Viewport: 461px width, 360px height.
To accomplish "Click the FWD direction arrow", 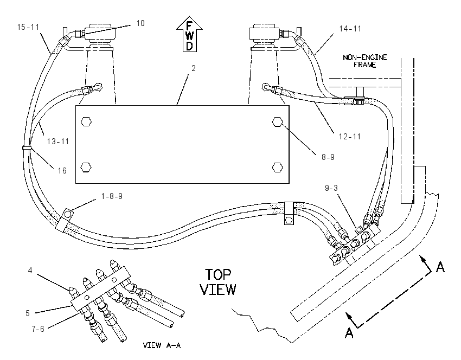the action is click(190, 34).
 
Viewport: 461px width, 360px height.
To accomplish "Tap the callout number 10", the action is click(140, 23).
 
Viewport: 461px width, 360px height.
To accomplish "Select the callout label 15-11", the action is click(28, 27).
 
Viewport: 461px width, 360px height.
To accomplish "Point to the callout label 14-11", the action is click(350, 29).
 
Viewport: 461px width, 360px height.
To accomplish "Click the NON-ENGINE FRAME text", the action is click(365, 61).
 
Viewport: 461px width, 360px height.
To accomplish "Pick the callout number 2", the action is click(194, 68).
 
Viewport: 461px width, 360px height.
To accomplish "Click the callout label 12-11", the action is click(350, 137).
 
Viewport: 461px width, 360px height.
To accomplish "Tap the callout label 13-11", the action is click(58, 142).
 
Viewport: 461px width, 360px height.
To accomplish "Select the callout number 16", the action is click(62, 170).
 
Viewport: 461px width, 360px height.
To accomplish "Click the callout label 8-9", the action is click(328, 157).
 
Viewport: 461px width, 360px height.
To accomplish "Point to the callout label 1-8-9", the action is click(112, 196).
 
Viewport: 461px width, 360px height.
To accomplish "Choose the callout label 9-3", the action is click(331, 188).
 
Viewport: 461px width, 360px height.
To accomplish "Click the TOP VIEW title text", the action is click(218, 282).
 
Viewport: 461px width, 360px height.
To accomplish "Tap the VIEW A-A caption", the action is click(162, 345).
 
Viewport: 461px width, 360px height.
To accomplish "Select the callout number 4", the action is click(30, 270).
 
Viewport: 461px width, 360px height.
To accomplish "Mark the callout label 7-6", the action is click(38, 329).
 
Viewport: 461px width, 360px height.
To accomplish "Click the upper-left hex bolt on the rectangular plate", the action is click(86, 121).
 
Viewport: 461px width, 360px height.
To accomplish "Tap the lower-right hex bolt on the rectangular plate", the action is click(278, 167).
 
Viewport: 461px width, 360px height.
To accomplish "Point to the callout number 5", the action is click(27, 313).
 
